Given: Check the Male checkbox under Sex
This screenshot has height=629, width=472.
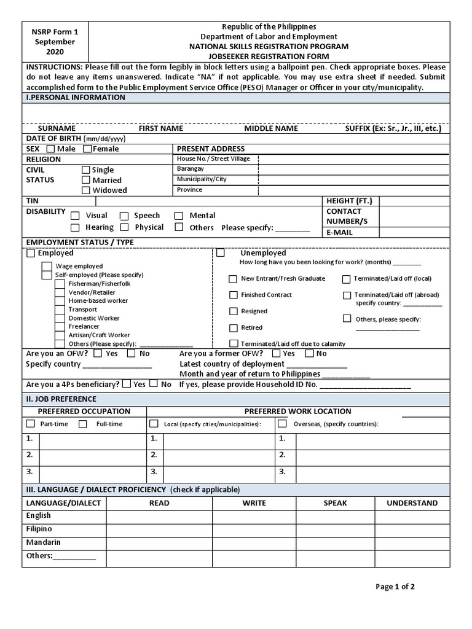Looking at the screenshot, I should coord(50,149).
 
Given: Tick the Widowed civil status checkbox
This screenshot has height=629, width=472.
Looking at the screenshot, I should coord(86,190).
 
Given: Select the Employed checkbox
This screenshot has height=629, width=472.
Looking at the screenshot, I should coord(31,253).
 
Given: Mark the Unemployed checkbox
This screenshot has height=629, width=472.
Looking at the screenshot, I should coord(221,253).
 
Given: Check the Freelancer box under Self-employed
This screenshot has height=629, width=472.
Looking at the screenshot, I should coord(60,327).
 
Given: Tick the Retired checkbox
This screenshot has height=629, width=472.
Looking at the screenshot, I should coord(233,328).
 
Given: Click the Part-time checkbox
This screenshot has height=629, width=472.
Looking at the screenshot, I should coord(31,424).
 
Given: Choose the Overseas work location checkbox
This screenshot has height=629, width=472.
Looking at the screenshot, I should coord(282,424).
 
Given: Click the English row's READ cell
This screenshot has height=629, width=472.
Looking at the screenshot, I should coord(159,517).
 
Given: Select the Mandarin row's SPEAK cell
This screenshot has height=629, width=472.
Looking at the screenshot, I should coord(335,543).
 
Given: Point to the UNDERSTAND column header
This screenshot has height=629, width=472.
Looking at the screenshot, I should coord(412,503).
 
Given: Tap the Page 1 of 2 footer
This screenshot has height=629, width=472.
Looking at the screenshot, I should coord(395,587).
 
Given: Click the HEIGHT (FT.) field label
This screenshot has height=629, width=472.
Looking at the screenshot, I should coord(349,201).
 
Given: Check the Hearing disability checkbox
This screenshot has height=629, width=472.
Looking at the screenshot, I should coord(75,227).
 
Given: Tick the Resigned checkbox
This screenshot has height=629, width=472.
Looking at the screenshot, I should coord(233,311).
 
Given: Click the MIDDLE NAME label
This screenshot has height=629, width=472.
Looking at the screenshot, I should coord(271,128).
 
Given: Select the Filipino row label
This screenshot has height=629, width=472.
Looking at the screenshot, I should coord(39,529).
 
